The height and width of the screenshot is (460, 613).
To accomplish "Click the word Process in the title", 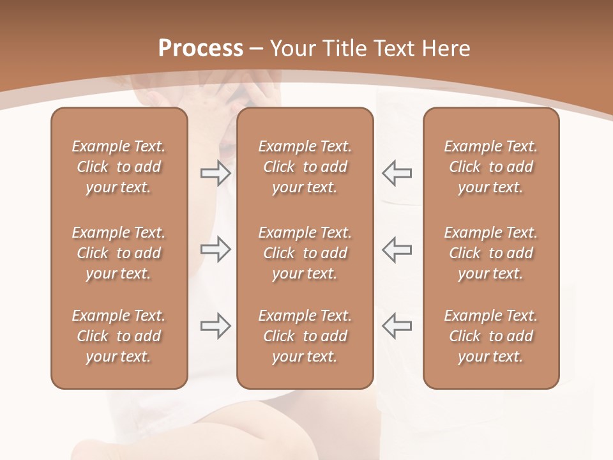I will pos(201,49).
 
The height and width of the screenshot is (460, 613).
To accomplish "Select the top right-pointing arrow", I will pos(216,173).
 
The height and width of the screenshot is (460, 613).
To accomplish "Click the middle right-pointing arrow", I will pos(216,249).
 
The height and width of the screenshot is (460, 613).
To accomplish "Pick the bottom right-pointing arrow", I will pos(216,325).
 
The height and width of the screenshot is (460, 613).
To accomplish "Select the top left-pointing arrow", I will pos(397,173).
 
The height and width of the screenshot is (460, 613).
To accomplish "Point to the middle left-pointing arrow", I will pos(397,249).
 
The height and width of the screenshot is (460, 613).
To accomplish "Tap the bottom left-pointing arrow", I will pos(397,325).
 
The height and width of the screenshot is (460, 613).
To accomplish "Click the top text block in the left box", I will pos(119,167).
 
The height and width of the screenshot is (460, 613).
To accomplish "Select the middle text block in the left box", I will pos(119,253).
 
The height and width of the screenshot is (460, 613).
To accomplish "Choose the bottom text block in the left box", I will pos(119,336).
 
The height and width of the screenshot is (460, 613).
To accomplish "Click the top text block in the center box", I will pos(305,167).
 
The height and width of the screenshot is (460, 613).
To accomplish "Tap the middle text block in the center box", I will pos(305,253).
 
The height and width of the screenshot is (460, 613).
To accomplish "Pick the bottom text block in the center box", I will pos(305,336).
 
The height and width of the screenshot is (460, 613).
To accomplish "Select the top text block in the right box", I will pos(491,167).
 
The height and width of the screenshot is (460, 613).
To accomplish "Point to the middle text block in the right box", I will pos(491,253).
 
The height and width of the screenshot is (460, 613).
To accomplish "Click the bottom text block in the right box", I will pos(491,336).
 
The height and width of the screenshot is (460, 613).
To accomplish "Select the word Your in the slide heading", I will pos(293,49).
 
